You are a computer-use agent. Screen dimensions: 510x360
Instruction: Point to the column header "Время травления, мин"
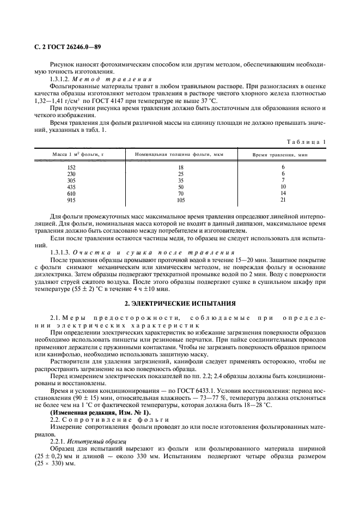pyautogui.click(x=280, y=155)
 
